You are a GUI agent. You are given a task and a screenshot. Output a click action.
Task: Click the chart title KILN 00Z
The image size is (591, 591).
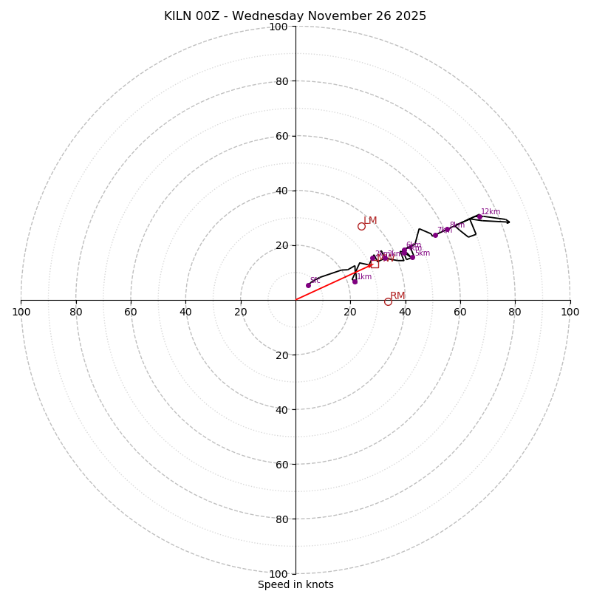pyautogui.click(x=295, y=16)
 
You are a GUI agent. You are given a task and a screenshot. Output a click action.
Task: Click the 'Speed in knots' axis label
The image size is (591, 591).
pyautogui.click(x=295, y=584)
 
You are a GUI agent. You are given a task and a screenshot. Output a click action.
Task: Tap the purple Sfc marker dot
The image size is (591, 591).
pyautogui.click(x=308, y=285)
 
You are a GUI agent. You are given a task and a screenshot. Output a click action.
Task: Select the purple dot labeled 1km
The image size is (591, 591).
pyautogui.click(x=355, y=281)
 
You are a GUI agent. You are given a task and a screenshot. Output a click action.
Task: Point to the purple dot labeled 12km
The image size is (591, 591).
pyautogui.click(x=479, y=216)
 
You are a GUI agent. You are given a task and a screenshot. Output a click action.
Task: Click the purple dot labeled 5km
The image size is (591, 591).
pyautogui.click(x=412, y=257)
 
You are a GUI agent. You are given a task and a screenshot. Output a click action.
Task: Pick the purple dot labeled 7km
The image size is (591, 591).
pyautogui.click(x=435, y=235)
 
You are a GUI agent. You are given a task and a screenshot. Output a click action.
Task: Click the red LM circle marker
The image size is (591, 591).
pyautogui.click(x=361, y=226)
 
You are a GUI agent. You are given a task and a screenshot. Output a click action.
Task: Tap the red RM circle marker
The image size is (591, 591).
pyautogui.click(x=388, y=301)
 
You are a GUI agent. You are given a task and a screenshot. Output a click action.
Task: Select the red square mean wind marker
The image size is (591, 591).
pyautogui.click(x=375, y=264)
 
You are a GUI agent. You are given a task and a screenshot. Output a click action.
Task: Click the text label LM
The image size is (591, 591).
pyautogui.click(x=370, y=221)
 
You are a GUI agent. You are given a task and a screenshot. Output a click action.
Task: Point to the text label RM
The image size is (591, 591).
pyautogui.click(x=397, y=296)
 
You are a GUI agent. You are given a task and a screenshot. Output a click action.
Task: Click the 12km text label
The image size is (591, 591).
pyautogui.click(x=491, y=212)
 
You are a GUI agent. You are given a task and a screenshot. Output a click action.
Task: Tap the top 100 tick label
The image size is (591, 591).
pyautogui.click(x=279, y=27)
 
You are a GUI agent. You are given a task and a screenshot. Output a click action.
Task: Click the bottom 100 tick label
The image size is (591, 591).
pyautogui.click(x=279, y=574)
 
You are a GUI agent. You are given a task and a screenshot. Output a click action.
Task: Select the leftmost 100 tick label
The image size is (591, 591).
pyautogui.click(x=21, y=312)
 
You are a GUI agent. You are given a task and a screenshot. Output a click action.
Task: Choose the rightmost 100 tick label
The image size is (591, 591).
pyautogui.click(x=570, y=312)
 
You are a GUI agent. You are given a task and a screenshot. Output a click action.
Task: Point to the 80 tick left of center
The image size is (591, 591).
pyautogui.click(x=76, y=312)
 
